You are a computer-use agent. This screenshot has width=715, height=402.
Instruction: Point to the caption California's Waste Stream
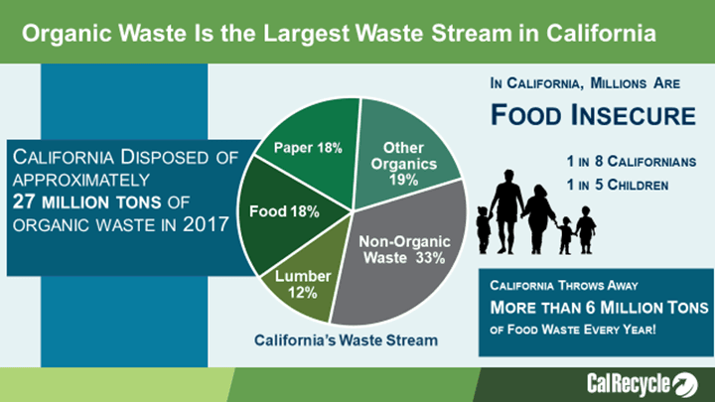pyautogui.click(x=346, y=340)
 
